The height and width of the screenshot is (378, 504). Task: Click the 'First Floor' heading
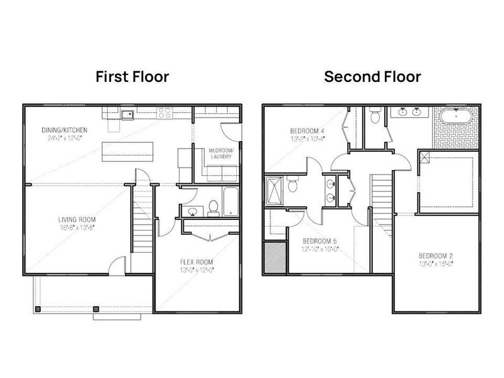click(132, 77)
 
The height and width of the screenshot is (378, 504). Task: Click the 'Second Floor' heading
click(372, 77)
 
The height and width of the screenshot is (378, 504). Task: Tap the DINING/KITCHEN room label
click(64, 130)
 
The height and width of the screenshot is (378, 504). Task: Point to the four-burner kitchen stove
click(164, 114)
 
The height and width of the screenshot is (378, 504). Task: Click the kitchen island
click(129, 150)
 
